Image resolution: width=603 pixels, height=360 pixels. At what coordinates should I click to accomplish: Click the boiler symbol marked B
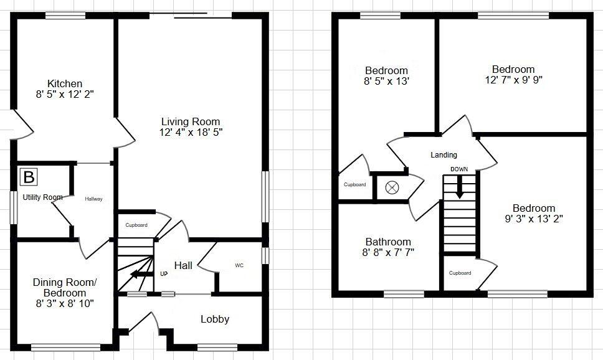(28, 178)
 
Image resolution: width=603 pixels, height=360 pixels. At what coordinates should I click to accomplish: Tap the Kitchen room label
(65, 83)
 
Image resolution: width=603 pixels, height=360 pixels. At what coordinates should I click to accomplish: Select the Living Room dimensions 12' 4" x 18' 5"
(191, 132)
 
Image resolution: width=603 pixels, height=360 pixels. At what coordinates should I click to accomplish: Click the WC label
(239, 265)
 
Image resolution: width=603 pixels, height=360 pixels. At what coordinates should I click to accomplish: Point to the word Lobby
(215, 320)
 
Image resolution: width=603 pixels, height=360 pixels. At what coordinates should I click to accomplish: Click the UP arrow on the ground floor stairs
(142, 273)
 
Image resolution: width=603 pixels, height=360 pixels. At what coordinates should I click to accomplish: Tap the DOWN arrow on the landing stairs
(459, 186)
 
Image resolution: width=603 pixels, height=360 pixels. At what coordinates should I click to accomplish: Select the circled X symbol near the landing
(392, 187)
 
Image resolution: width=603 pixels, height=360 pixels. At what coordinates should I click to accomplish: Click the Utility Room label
(42, 197)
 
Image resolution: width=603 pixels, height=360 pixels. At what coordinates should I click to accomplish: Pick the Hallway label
(93, 199)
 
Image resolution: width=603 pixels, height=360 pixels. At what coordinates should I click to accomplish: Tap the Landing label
(444, 155)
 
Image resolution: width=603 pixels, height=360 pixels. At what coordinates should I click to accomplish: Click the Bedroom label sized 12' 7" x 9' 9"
(513, 69)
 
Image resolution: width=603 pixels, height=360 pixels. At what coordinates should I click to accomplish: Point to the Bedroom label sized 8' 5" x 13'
(386, 70)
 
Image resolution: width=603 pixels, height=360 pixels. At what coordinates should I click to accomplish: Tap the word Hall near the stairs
(183, 265)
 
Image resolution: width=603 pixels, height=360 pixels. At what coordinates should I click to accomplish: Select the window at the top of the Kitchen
(65, 16)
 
